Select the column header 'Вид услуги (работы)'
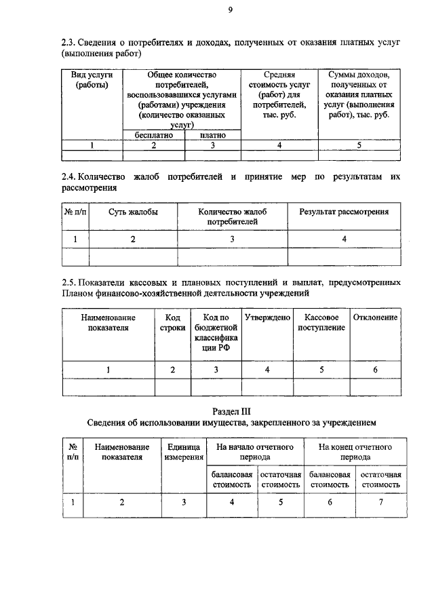click(92, 79)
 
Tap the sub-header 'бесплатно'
click(154, 134)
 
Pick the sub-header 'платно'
click(212, 134)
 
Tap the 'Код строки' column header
click(172, 323)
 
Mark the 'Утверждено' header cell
click(267, 318)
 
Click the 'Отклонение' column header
click(375, 318)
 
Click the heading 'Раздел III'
click(231, 410)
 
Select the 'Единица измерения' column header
click(183, 453)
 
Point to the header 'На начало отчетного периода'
click(254, 453)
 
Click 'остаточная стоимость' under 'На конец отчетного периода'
click(380, 480)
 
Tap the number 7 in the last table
click(381, 502)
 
